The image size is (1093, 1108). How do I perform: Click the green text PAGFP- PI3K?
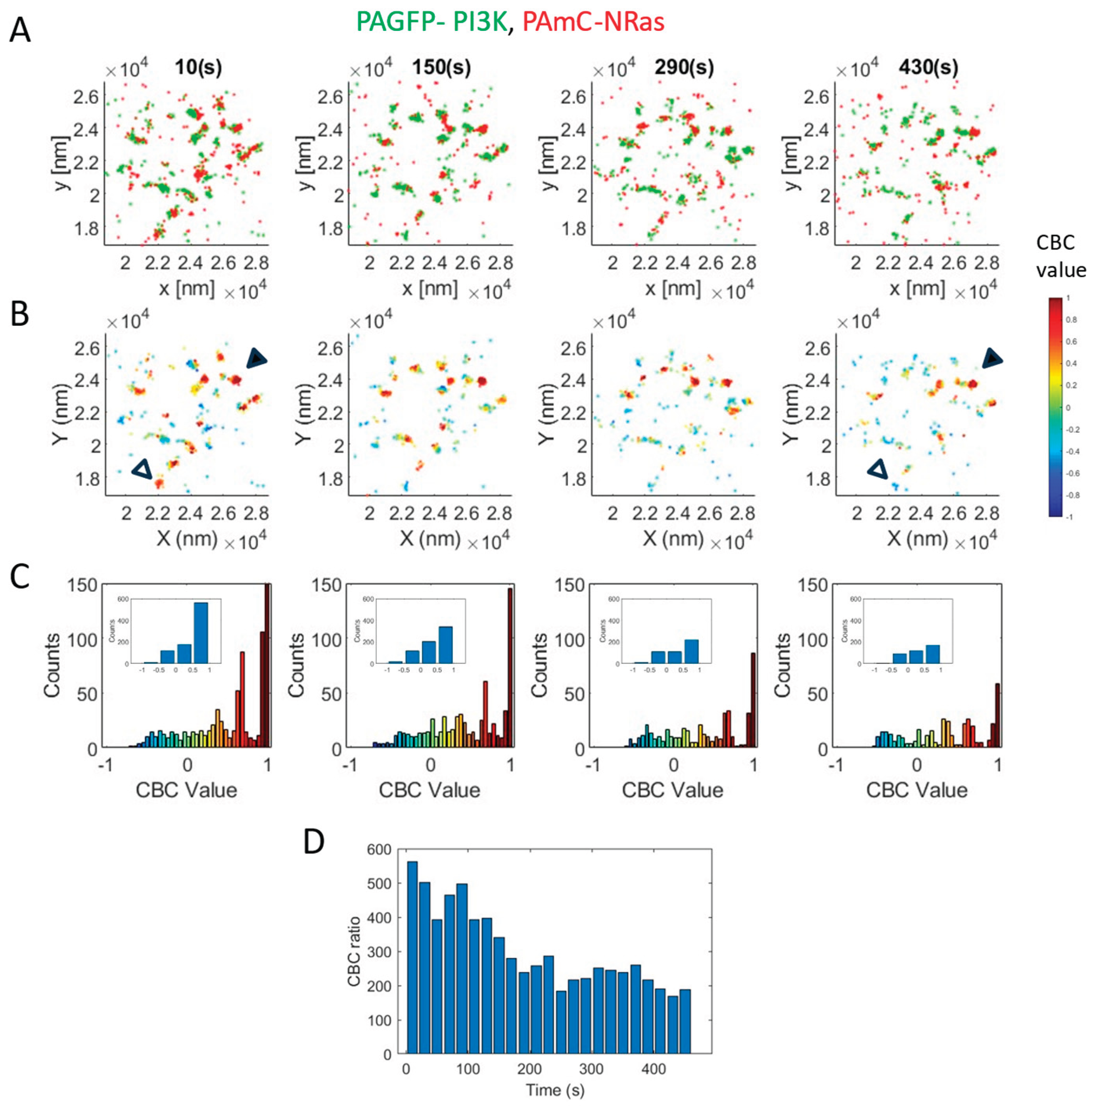[431, 22]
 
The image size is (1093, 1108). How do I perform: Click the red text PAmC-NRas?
[593, 22]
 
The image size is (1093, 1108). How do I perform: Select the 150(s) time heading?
[441, 68]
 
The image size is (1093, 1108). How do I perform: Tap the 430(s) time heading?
[928, 68]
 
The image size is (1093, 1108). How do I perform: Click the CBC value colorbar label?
[1061, 256]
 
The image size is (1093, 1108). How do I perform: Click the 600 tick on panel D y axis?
[379, 849]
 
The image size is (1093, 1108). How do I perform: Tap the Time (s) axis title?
[554, 1089]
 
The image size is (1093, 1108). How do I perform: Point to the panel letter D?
[314, 842]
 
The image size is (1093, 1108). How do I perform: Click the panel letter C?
[20, 576]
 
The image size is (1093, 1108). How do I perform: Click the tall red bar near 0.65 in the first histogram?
[242, 700]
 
